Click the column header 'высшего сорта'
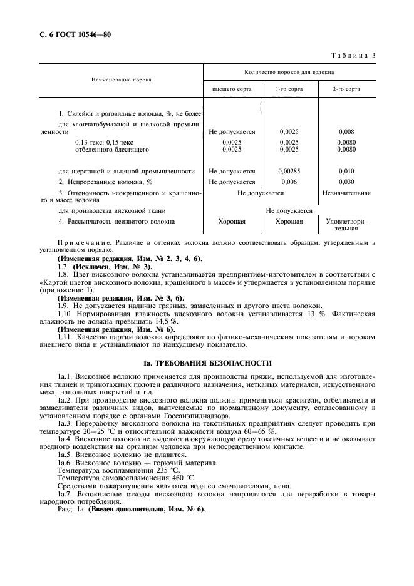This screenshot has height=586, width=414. (x=232, y=90)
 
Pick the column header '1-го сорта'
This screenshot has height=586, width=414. (x=289, y=90)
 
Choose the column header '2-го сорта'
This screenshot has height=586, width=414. (x=346, y=90)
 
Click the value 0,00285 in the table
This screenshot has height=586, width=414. (x=289, y=171)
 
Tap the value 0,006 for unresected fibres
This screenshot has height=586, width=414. (x=289, y=182)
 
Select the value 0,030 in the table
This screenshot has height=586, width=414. (x=346, y=182)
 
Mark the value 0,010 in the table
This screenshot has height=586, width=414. (x=346, y=171)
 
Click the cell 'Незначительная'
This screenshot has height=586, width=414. (x=346, y=193)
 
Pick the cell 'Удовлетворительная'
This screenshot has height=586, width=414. (x=346, y=225)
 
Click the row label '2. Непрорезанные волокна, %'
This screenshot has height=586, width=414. (x=106, y=182)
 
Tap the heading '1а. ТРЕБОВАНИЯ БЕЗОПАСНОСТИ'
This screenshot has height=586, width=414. (x=207, y=363)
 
